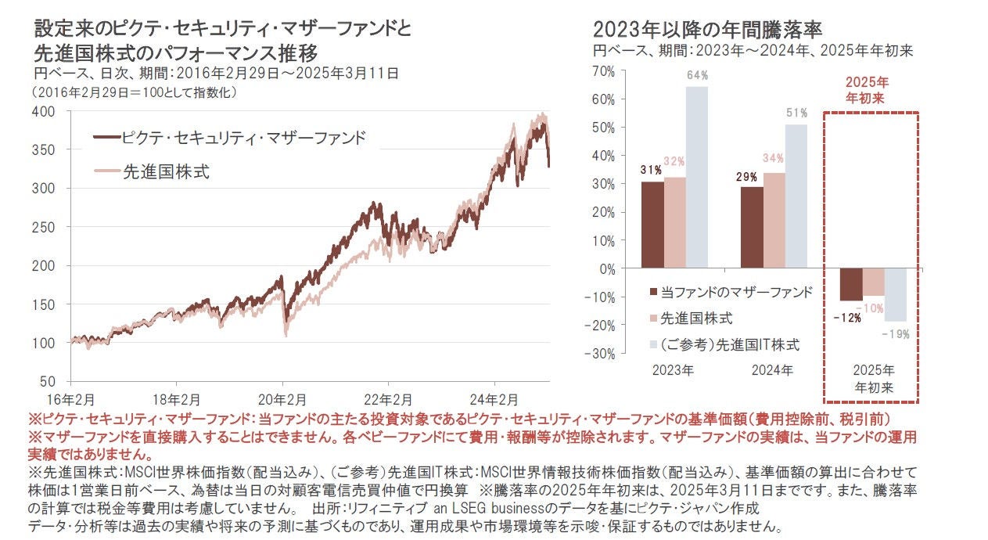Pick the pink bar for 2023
point(675,222)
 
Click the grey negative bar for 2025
point(896,294)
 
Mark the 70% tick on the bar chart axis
point(605,71)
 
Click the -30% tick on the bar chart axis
point(602,353)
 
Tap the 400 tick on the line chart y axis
point(45,111)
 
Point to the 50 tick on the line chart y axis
point(49,381)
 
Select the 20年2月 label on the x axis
point(284,397)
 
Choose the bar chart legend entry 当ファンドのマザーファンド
point(736,292)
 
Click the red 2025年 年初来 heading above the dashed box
point(868,91)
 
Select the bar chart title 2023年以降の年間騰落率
point(707,30)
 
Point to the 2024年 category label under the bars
point(773,370)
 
